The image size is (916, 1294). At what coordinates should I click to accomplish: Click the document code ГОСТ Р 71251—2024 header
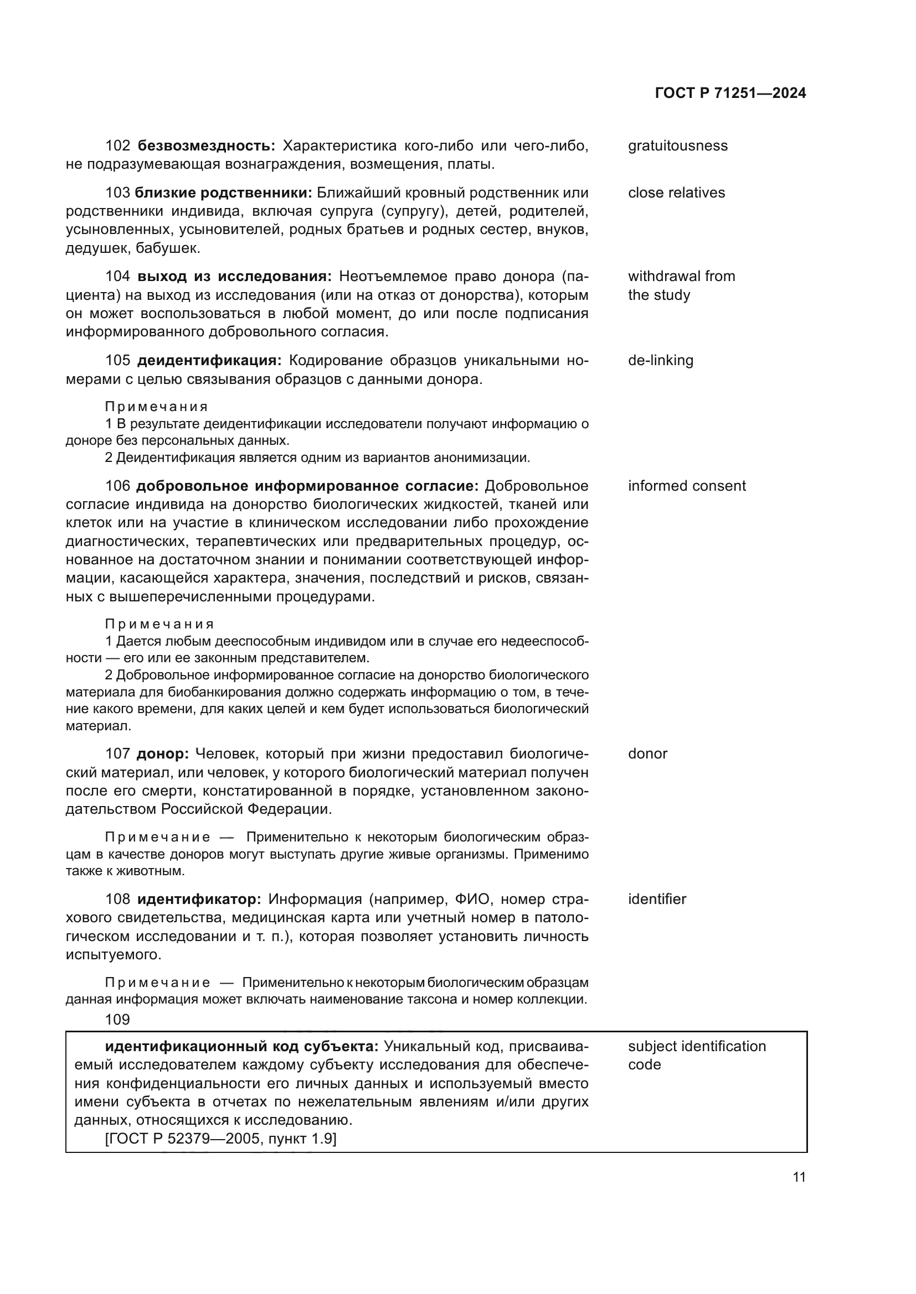pyautogui.click(x=730, y=93)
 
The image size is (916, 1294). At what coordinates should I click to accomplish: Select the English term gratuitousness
pyautogui.click(x=677, y=146)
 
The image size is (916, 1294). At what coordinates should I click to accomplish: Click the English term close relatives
pyautogui.click(x=676, y=193)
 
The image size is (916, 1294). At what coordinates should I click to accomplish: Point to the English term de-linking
pyautogui.click(x=661, y=361)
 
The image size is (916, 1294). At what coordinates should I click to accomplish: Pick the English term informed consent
pyautogui.click(x=686, y=486)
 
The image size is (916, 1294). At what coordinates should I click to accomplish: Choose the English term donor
pyautogui.click(x=647, y=754)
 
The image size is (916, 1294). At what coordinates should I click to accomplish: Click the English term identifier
pyautogui.click(x=657, y=899)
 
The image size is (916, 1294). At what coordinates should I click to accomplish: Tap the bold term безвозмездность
pyautogui.click(x=207, y=146)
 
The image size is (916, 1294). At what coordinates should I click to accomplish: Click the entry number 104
pyautogui.click(x=118, y=277)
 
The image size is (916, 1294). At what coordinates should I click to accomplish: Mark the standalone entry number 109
pyautogui.click(x=117, y=1020)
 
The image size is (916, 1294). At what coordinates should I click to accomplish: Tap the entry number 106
pyautogui.click(x=118, y=486)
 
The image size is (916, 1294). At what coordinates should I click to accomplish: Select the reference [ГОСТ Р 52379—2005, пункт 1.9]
pyautogui.click(x=220, y=1139)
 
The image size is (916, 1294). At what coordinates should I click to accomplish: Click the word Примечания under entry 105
pyautogui.click(x=156, y=407)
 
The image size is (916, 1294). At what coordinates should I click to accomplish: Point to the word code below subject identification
pyautogui.click(x=644, y=1064)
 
